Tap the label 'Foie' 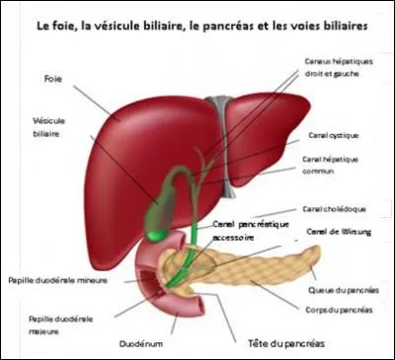[x=54, y=77]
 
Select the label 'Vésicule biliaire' [x=48, y=129]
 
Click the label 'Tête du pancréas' [x=286, y=344]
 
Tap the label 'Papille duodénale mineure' [x=57, y=279]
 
